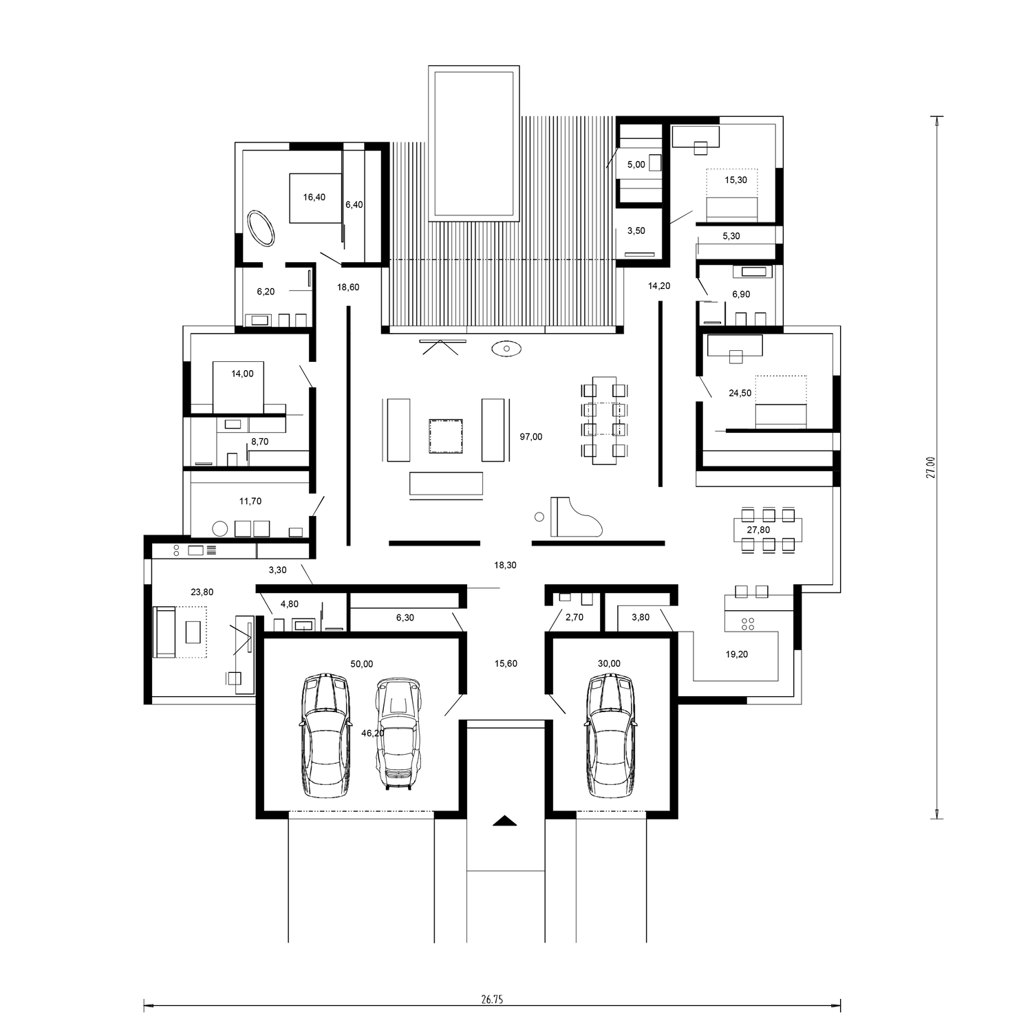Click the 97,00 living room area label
pyautogui.click(x=530, y=437)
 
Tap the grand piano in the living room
pyautogui.click(x=577, y=516)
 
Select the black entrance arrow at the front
pyautogui.click(x=504, y=820)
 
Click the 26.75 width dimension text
pyautogui.click(x=493, y=1000)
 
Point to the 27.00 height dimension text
pyautogui.click(x=931, y=468)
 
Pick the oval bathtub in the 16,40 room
pyautogui.click(x=261, y=228)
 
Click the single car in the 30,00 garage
pyautogui.click(x=610, y=735)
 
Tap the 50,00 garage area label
pyautogui.click(x=362, y=664)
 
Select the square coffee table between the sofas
pyautogui.click(x=445, y=436)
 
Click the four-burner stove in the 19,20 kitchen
pyautogui.click(x=747, y=624)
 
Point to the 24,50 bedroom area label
pyautogui.click(x=740, y=394)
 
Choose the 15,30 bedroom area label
pyautogui.click(x=735, y=180)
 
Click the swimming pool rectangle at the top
pyautogui.click(x=473, y=144)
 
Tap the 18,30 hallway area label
pyautogui.click(x=505, y=565)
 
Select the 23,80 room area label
pyautogui.click(x=202, y=592)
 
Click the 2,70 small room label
pyautogui.click(x=574, y=617)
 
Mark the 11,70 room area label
pyautogui.click(x=250, y=502)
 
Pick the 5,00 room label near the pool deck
pyautogui.click(x=636, y=164)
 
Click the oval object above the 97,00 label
pyautogui.click(x=506, y=349)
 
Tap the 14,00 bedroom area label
pyautogui.click(x=242, y=374)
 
